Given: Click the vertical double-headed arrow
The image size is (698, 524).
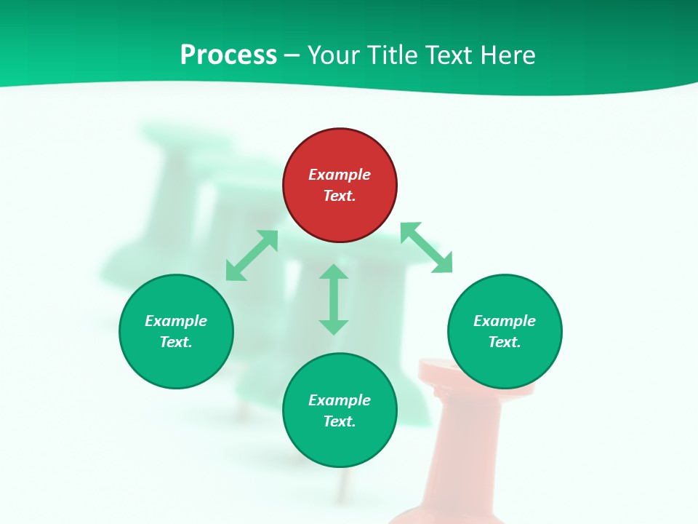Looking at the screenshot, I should click(x=334, y=299).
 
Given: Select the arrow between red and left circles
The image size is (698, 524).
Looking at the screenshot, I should click(x=252, y=255).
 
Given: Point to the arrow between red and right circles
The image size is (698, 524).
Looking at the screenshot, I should click(x=426, y=247).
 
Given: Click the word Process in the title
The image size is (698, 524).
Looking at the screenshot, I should click(x=228, y=55).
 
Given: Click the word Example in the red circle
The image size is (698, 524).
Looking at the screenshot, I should click(x=340, y=175).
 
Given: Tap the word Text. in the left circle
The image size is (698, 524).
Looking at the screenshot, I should click(x=176, y=342).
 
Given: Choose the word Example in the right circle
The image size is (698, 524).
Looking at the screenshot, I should click(x=505, y=321).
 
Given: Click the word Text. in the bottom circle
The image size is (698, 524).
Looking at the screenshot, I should click(x=340, y=421).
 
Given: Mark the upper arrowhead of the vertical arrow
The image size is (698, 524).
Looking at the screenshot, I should click(x=334, y=272).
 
